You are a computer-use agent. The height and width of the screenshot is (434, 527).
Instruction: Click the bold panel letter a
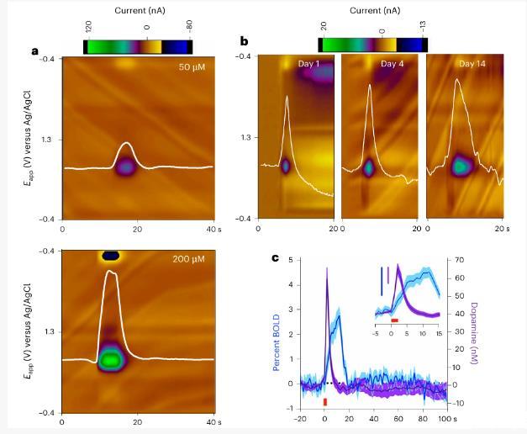(x=35, y=51)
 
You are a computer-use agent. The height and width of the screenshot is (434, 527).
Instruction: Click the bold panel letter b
(x=245, y=41)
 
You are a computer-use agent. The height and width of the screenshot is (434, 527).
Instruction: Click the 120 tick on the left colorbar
(x=87, y=28)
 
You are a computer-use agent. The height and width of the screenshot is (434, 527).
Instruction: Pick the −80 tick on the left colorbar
(x=191, y=28)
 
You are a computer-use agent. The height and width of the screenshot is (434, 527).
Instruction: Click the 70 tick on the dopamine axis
(x=457, y=261)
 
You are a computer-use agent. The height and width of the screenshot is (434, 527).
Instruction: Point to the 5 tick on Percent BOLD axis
(x=291, y=261)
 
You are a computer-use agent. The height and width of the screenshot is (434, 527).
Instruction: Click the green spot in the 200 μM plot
(x=108, y=360)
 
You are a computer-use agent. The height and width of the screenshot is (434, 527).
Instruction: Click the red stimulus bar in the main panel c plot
(x=325, y=401)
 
